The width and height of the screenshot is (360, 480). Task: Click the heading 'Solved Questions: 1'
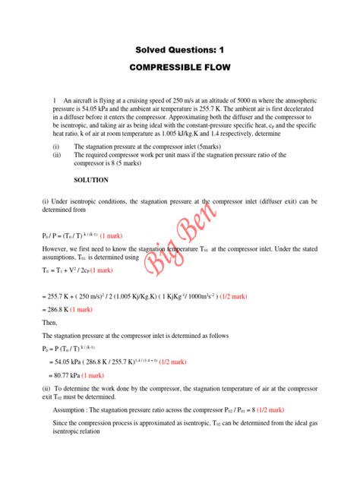pyautogui.click(x=179, y=51)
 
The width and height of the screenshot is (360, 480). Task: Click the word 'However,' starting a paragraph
pyautogui.click(x=59, y=248)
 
